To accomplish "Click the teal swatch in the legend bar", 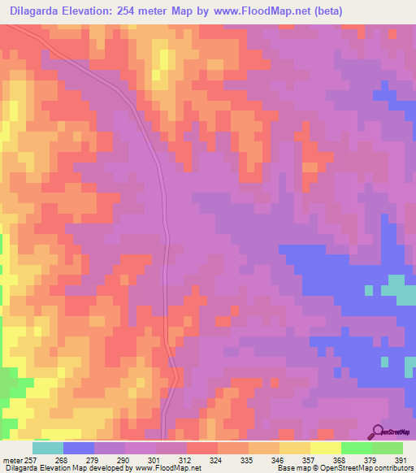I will click(x=48, y=448).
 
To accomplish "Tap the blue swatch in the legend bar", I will click(x=79, y=448).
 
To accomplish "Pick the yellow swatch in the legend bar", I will click(x=326, y=448).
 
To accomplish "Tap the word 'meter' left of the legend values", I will click(x=15, y=459).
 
